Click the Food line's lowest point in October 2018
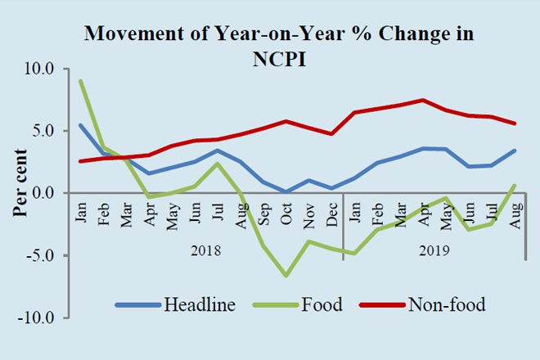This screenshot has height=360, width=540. click(286, 276)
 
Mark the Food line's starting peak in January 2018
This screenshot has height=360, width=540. click(80, 81)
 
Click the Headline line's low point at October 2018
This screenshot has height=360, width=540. click(286, 192)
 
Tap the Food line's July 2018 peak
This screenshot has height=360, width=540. click(218, 163)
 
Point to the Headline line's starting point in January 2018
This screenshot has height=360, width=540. click(80, 125)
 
